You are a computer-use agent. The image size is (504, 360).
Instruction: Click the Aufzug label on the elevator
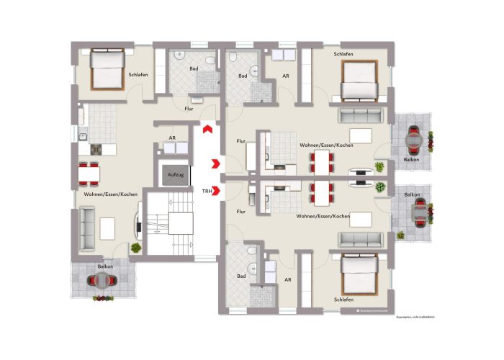[175, 175]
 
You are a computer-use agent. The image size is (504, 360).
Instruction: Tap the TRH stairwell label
[207, 192]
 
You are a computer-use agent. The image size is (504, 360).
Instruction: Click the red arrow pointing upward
[207, 129]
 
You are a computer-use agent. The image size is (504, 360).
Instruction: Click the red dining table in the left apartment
[89, 174]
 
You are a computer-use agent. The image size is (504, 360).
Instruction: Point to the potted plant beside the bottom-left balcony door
[135, 248]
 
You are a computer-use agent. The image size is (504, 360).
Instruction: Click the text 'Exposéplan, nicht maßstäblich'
[415, 316]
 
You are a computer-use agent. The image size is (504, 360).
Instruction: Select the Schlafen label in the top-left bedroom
[138, 74]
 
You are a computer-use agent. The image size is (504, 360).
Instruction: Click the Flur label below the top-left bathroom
[189, 109]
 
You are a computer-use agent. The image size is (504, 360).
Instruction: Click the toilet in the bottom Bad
[248, 251]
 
